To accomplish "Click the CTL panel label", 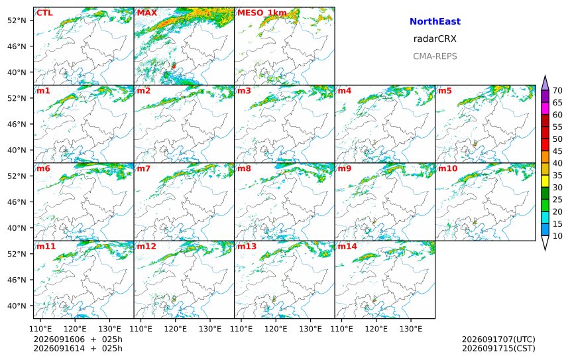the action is click(x=44, y=13).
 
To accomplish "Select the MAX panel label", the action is click(x=147, y=13).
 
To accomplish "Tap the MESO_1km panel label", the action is click(x=262, y=13).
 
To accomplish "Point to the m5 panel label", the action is click(x=445, y=91).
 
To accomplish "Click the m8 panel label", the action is click(x=244, y=168).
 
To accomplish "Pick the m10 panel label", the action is click(x=447, y=168).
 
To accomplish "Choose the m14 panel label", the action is click(x=347, y=246).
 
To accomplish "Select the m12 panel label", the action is click(x=146, y=246).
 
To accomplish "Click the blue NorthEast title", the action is click(x=435, y=21).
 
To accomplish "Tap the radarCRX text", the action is click(x=435, y=39).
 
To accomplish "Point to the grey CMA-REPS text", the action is click(x=435, y=56).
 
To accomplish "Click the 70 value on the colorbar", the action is click(x=557, y=91).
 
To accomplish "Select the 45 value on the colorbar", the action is click(x=557, y=151).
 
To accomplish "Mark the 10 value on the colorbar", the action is click(x=557, y=235).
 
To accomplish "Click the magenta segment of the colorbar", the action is click(x=545, y=108).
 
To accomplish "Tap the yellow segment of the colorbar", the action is click(x=545, y=181).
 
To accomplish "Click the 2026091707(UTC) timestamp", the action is click(x=498, y=339).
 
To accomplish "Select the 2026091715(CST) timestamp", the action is click(x=498, y=348).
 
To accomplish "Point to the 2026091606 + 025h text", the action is click(x=78, y=339).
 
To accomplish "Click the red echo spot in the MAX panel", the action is click(x=174, y=66).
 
